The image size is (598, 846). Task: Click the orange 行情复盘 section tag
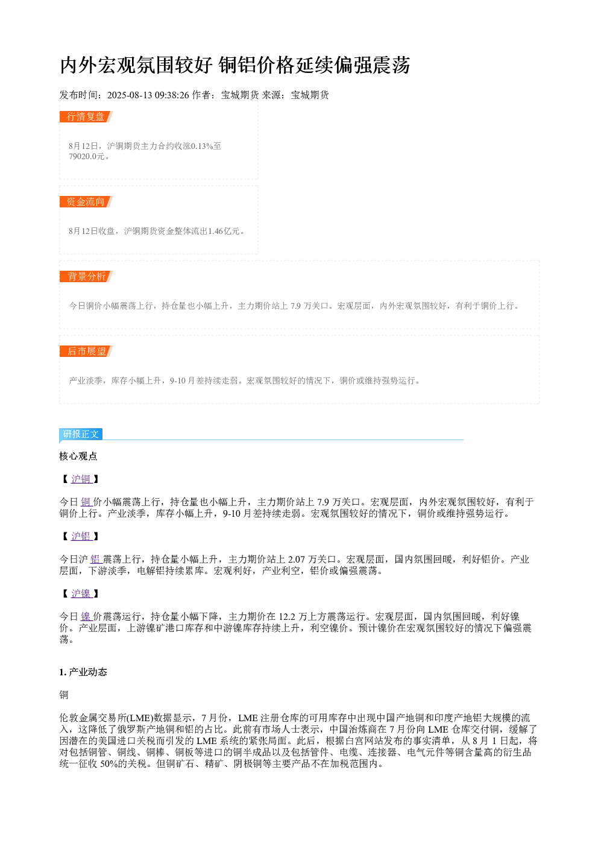point(86,117)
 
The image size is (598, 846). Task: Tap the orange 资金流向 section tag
point(86,201)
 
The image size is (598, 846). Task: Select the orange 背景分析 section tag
point(86,276)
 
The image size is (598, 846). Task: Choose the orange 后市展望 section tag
point(86,351)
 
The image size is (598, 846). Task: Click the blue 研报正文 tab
point(81,434)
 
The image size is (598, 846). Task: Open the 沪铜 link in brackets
point(81,479)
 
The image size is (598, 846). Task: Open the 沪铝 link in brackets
point(81,536)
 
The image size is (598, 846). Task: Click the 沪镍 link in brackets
point(81,594)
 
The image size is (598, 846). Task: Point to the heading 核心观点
point(78,456)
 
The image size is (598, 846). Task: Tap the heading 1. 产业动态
point(83,672)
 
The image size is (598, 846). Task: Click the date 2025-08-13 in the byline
point(130,95)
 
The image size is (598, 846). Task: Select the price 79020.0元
point(86,156)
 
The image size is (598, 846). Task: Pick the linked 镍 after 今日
point(86,617)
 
